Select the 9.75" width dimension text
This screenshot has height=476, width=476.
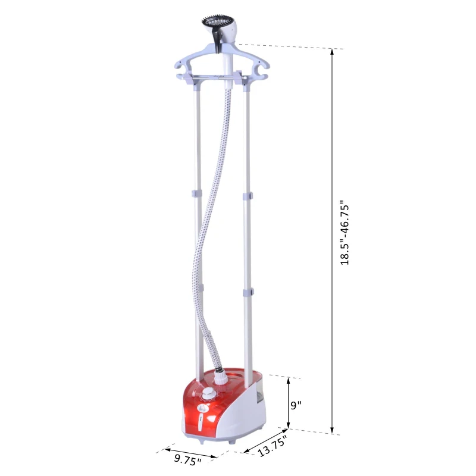[x=187, y=459]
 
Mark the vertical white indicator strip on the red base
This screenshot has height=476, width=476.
[x=200, y=423]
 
